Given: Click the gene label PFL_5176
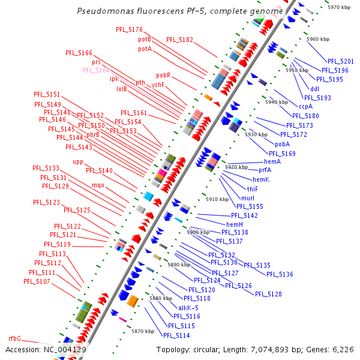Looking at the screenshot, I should [x=130, y=29].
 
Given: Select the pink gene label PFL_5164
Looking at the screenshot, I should [x=96, y=70].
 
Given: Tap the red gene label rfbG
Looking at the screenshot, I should [x=14, y=338].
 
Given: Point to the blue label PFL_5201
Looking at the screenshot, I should [x=341, y=61].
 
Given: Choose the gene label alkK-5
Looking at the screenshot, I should [x=188, y=308].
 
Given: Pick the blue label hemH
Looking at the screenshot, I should [x=235, y=224].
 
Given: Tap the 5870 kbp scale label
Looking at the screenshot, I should [x=143, y=331].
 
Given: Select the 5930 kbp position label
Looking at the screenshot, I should [x=256, y=134].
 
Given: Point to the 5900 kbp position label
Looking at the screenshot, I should [x=198, y=232].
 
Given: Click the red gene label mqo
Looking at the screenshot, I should [x=98, y=185].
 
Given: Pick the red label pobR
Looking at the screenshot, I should [x=164, y=76].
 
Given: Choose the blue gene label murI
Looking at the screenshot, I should [x=248, y=198].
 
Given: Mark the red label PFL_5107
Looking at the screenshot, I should [x=38, y=281].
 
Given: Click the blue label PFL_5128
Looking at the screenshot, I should [x=268, y=294].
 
